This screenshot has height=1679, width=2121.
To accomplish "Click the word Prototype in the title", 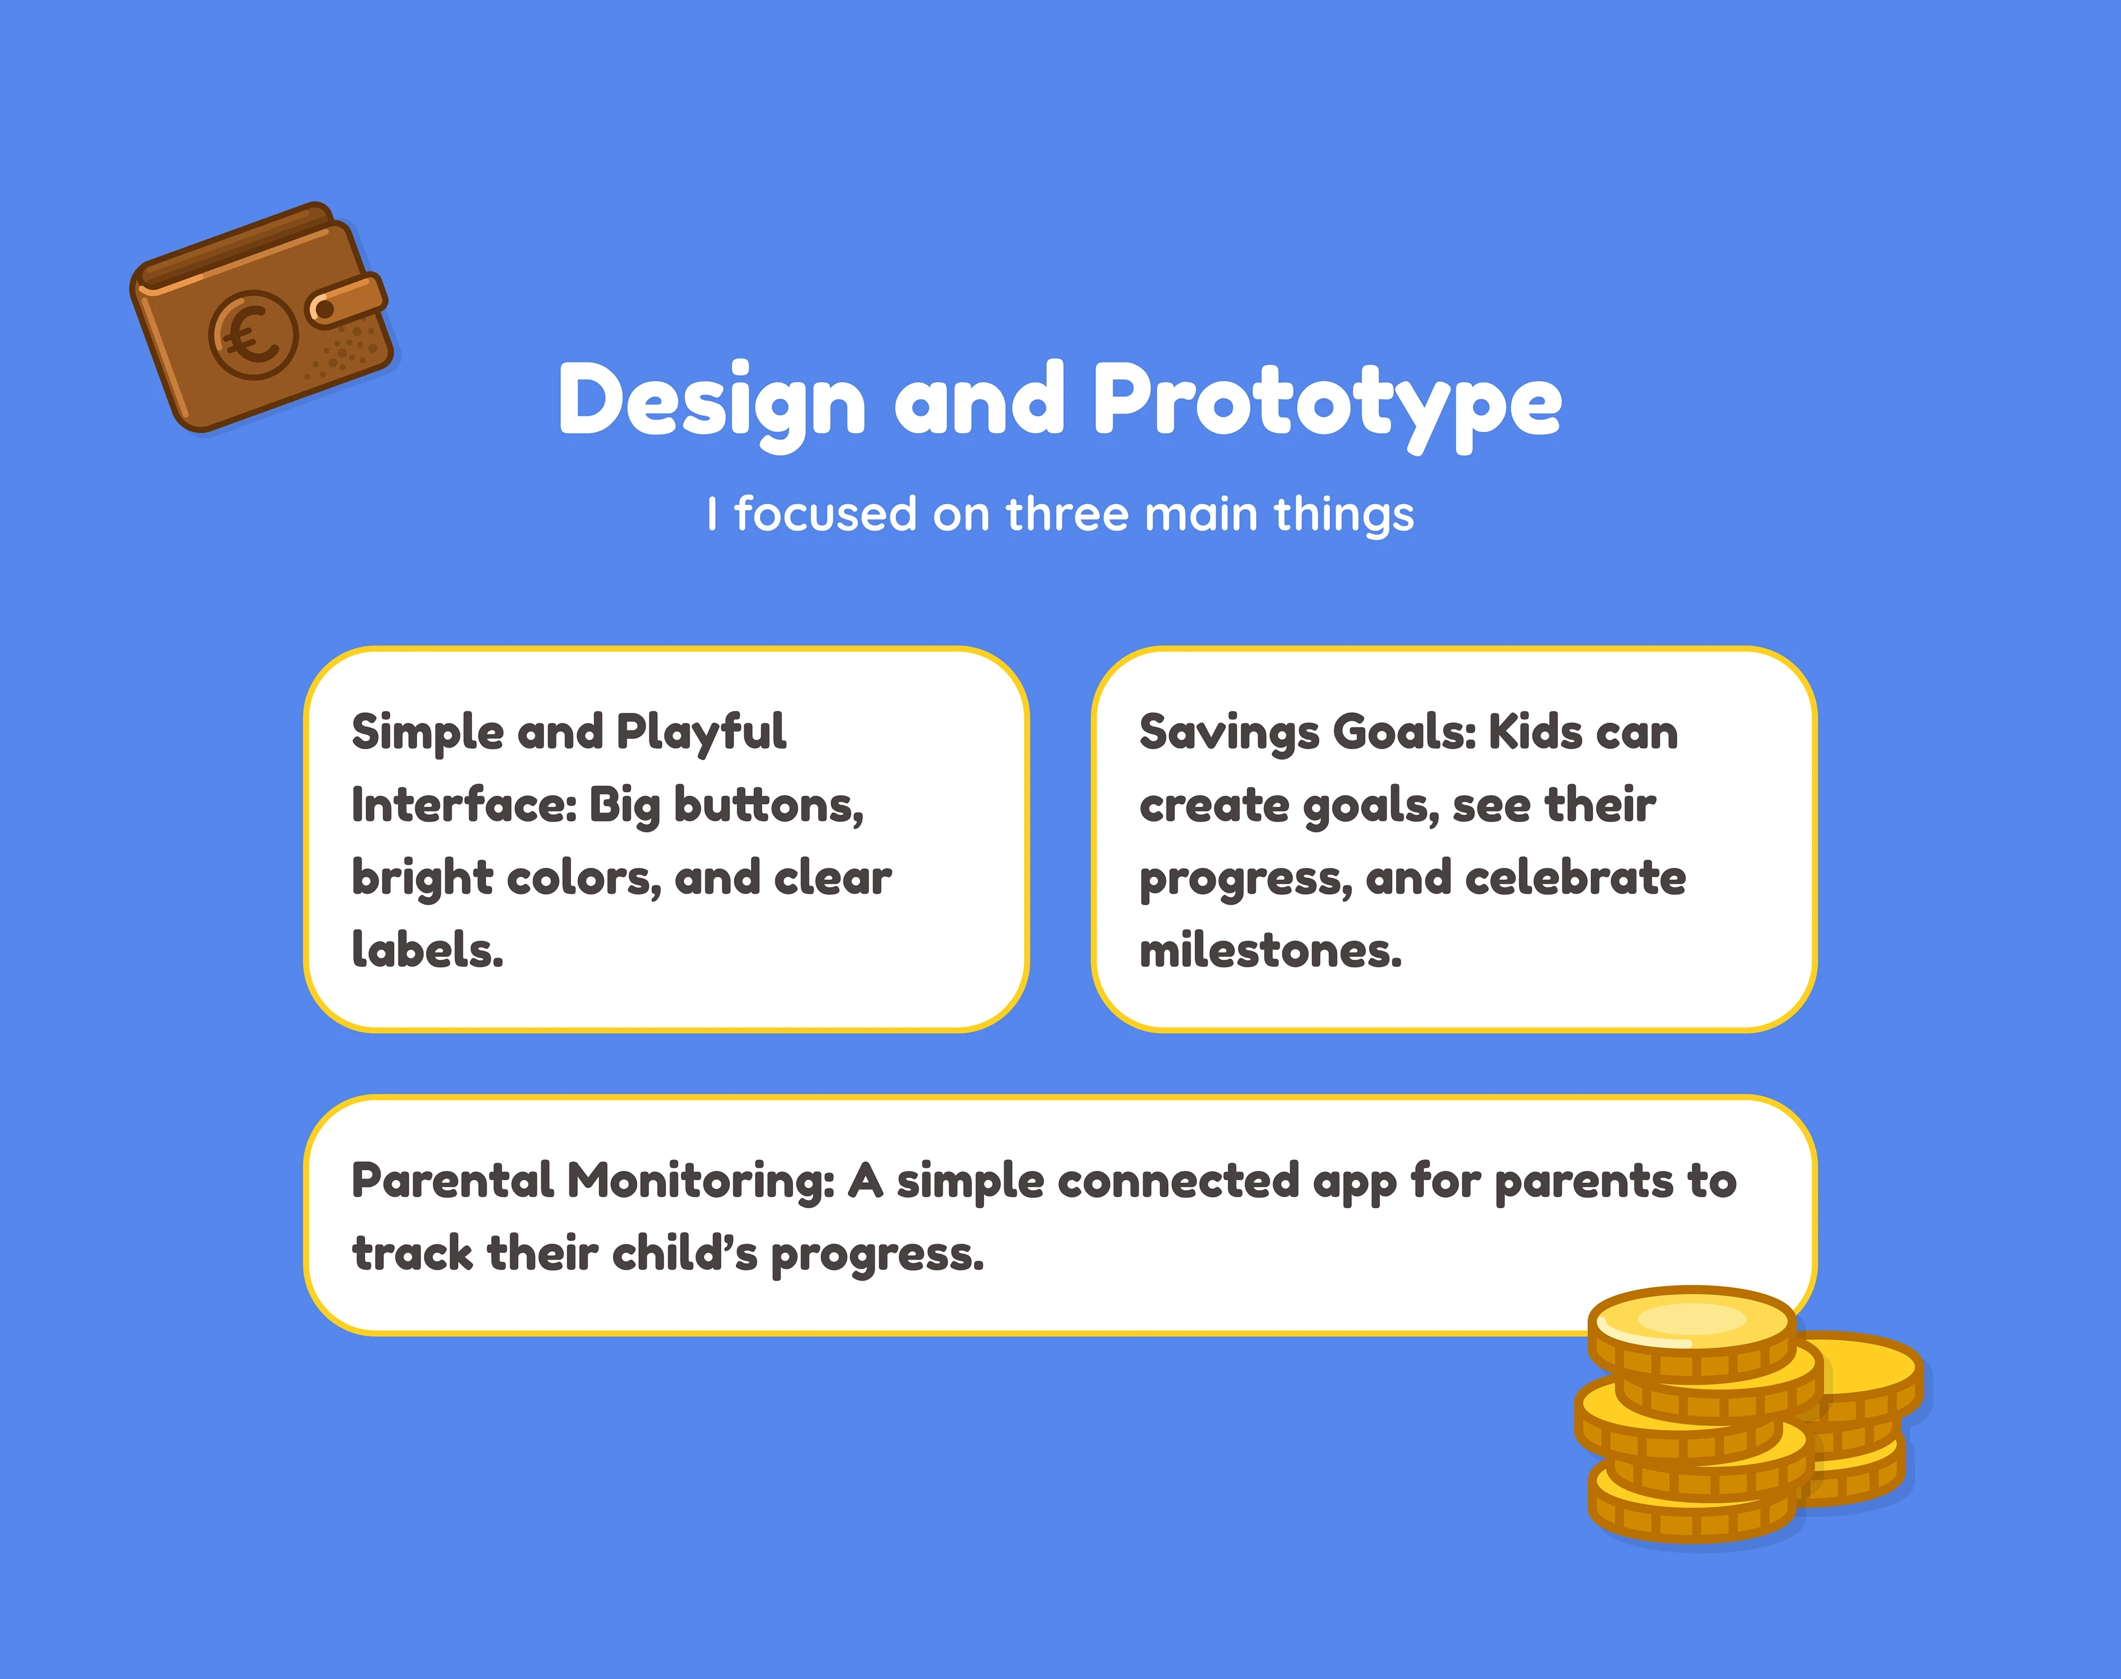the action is [x=1327, y=403].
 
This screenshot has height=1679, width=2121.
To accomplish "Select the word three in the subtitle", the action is [x=1067, y=514].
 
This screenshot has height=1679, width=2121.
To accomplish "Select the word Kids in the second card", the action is [x=1531, y=733].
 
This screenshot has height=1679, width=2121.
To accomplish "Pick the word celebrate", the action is [x=1575, y=878].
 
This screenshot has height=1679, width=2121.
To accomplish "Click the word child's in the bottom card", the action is [x=685, y=1254].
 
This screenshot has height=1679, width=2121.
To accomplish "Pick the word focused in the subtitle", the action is [x=826, y=514].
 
